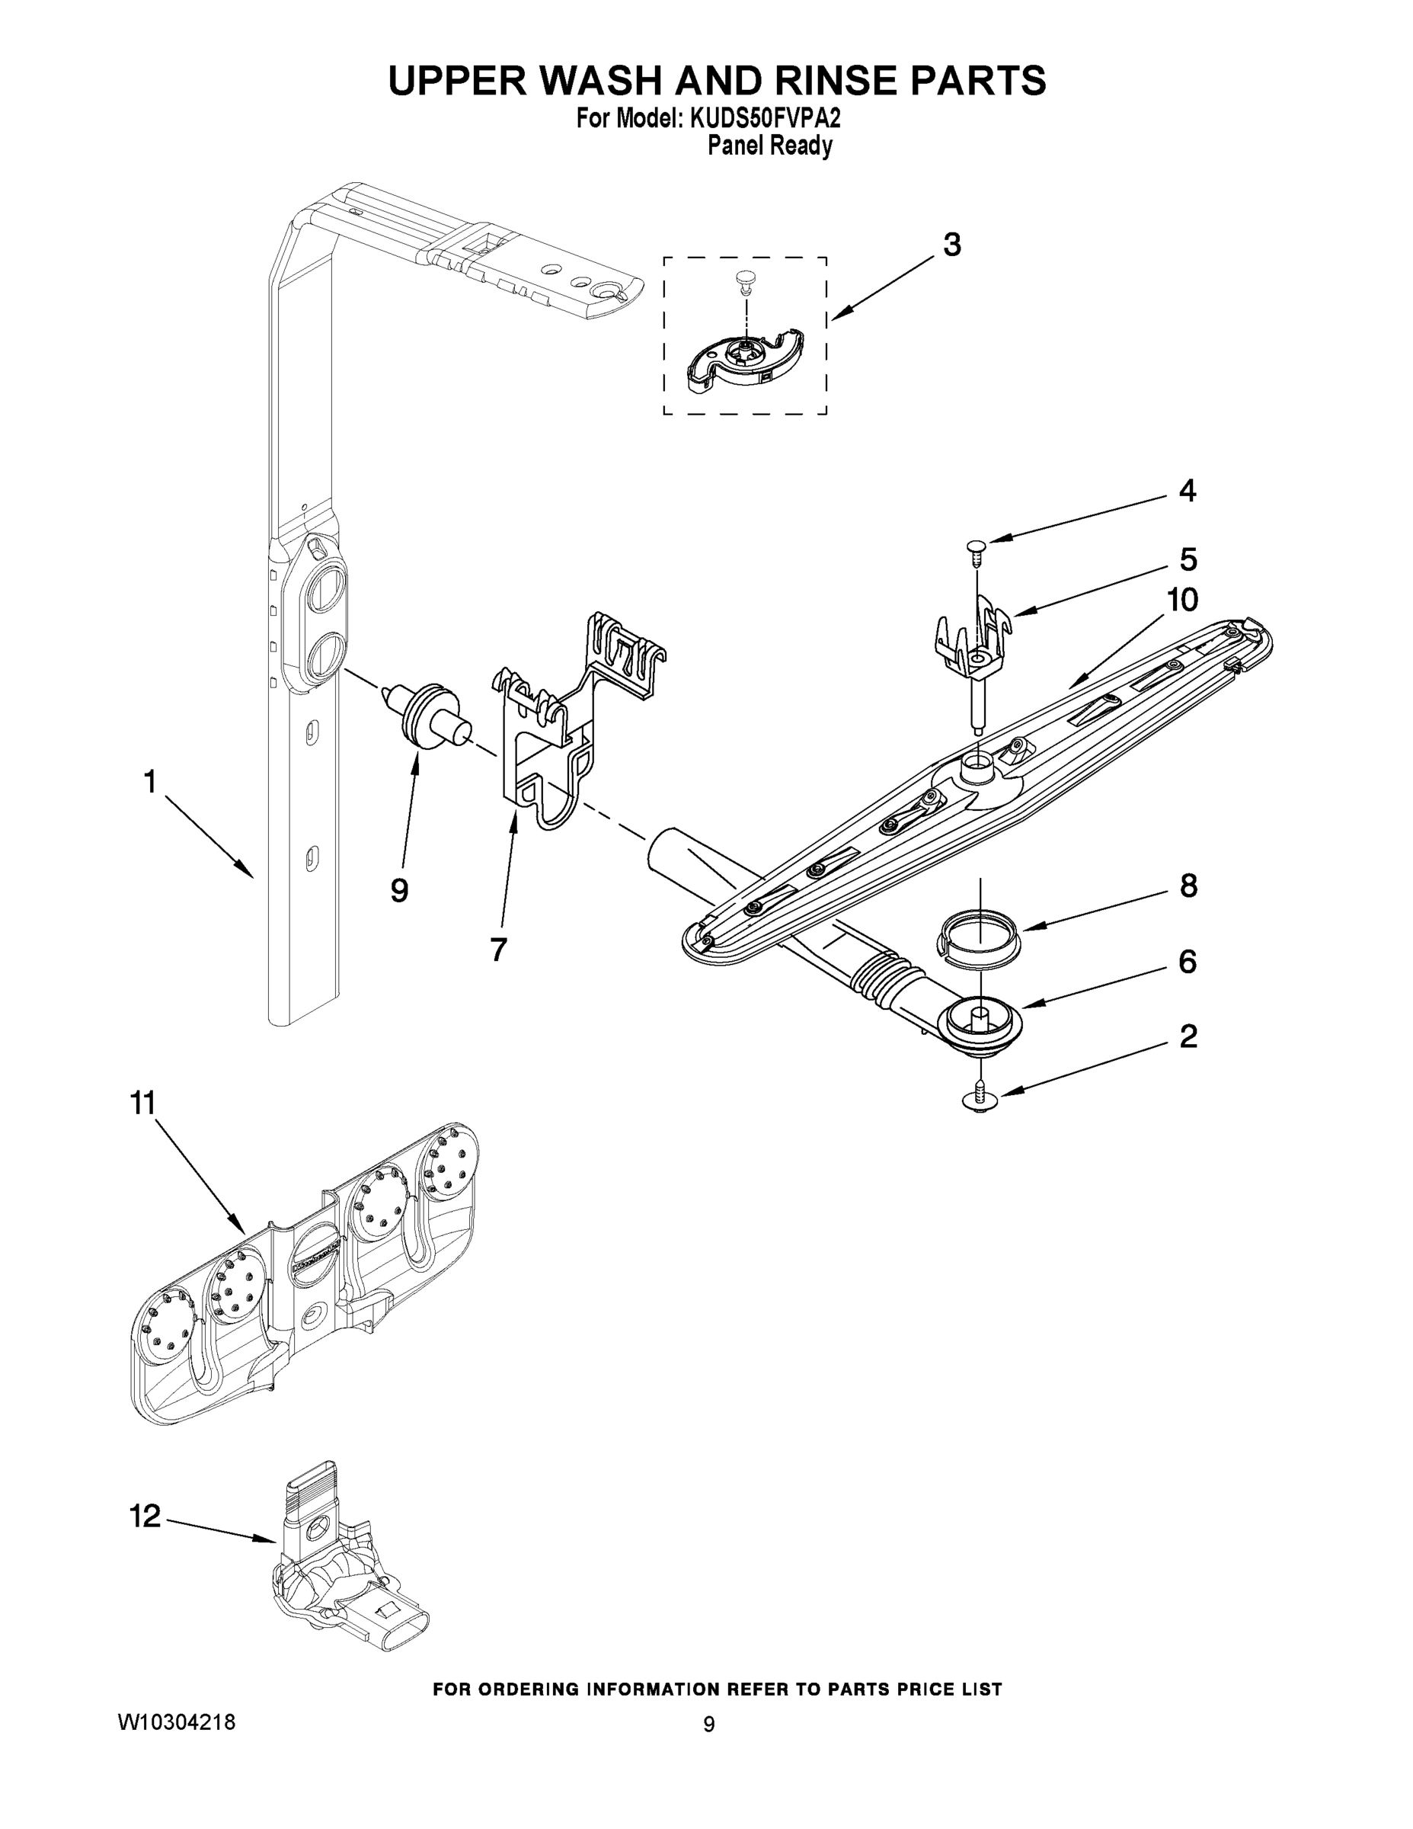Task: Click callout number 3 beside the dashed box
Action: tap(951, 245)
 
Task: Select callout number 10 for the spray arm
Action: tap(1183, 600)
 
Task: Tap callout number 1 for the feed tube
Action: tap(149, 782)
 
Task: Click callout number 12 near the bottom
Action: tap(145, 1515)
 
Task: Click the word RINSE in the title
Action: tap(837, 82)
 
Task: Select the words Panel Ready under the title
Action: tap(769, 146)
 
